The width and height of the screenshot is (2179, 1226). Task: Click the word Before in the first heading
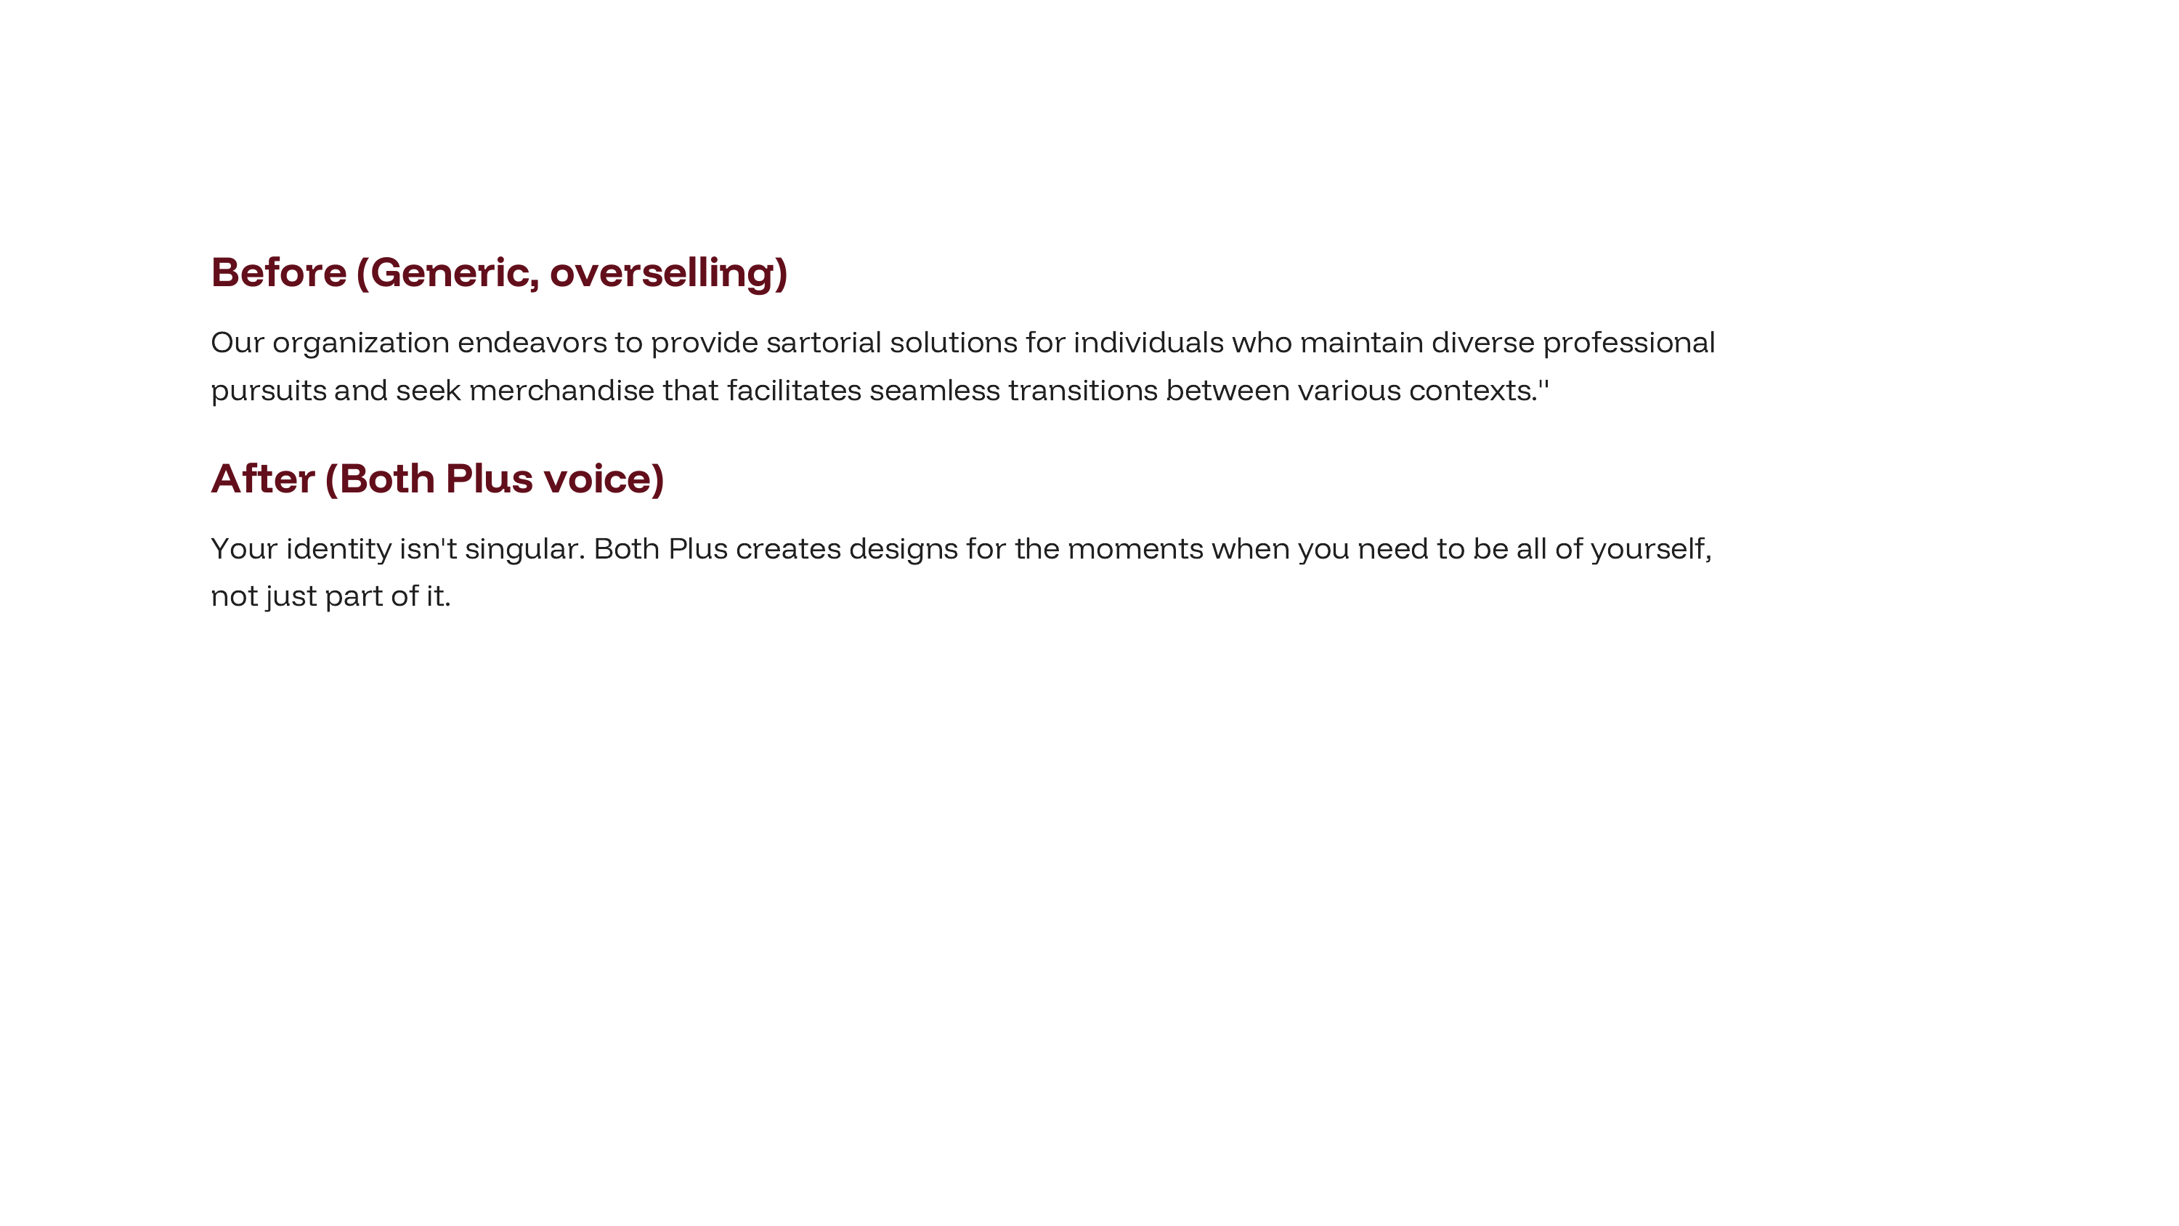[x=279, y=272]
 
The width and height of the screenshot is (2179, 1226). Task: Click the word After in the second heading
[x=263, y=479]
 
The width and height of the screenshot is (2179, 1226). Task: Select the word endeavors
[x=532, y=343]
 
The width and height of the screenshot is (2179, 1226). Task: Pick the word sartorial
[x=824, y=343]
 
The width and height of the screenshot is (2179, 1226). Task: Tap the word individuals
[x=1149, y=343]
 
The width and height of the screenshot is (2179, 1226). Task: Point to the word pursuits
[x=269, y=391]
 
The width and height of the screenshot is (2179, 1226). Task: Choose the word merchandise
[x=561, y=390]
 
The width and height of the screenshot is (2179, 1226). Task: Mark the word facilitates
[x=795, y=390]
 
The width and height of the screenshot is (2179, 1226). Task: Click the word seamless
[x=935, y=390]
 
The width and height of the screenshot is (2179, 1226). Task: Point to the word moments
[x=1135, y=550]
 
